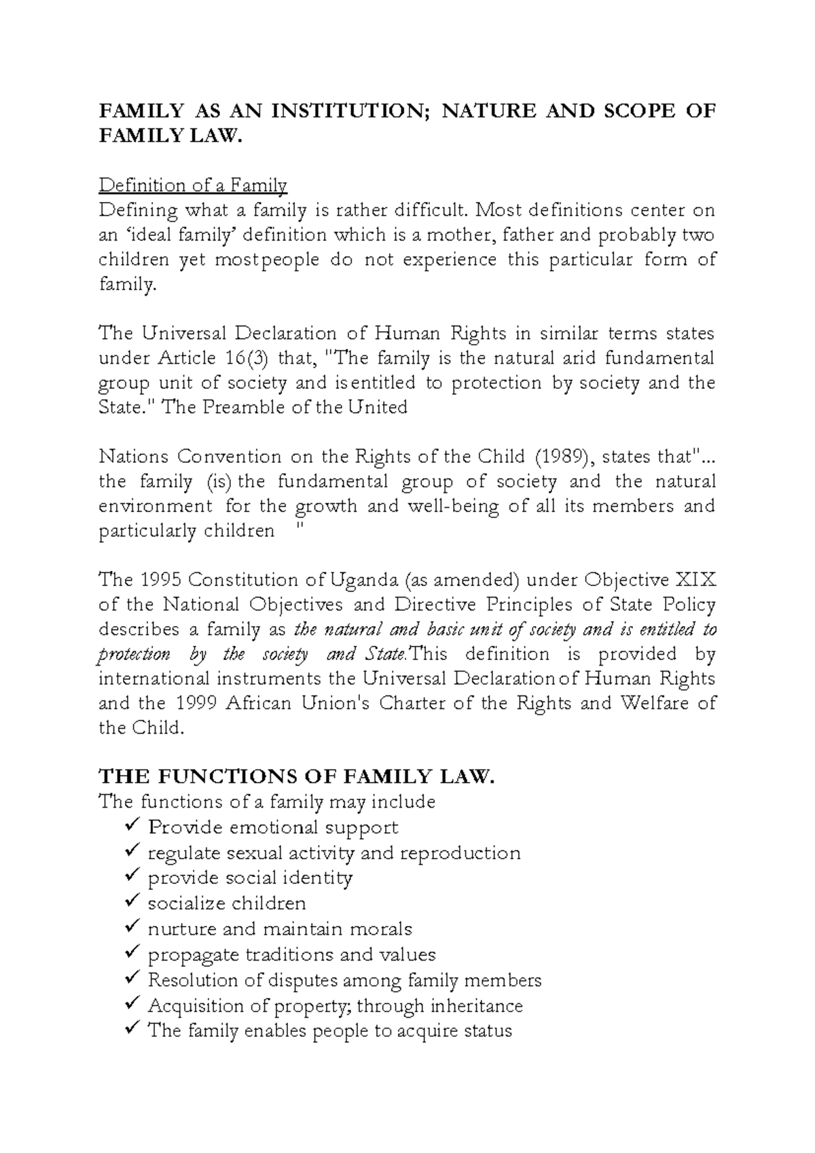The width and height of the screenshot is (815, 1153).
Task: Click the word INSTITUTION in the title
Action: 347,111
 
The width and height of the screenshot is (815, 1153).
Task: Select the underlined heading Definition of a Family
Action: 193,185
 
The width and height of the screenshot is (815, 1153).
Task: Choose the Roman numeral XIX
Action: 693,581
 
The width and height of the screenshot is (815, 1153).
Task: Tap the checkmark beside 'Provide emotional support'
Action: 133,826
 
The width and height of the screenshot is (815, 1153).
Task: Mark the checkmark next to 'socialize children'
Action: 133,902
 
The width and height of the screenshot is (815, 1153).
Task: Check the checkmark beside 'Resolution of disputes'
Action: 133,979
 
